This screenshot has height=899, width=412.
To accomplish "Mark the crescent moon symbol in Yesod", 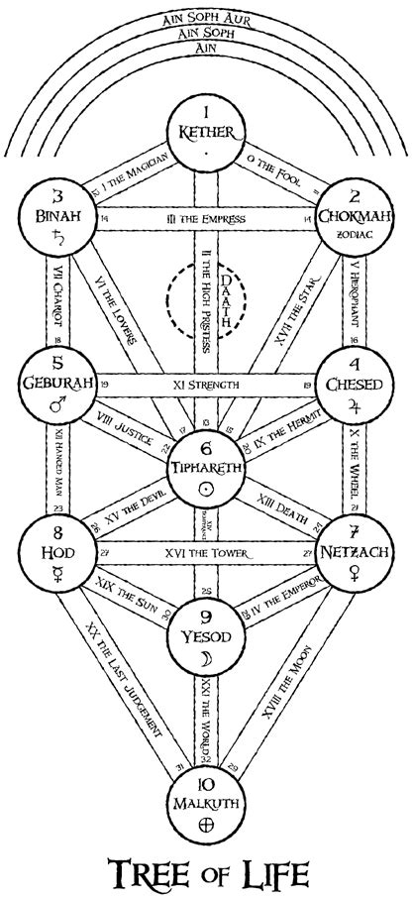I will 206,659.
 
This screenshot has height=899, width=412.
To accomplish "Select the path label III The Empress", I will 206,218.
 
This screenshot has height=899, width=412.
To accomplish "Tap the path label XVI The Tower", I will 206,551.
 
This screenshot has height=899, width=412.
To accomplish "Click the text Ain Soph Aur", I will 206,19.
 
